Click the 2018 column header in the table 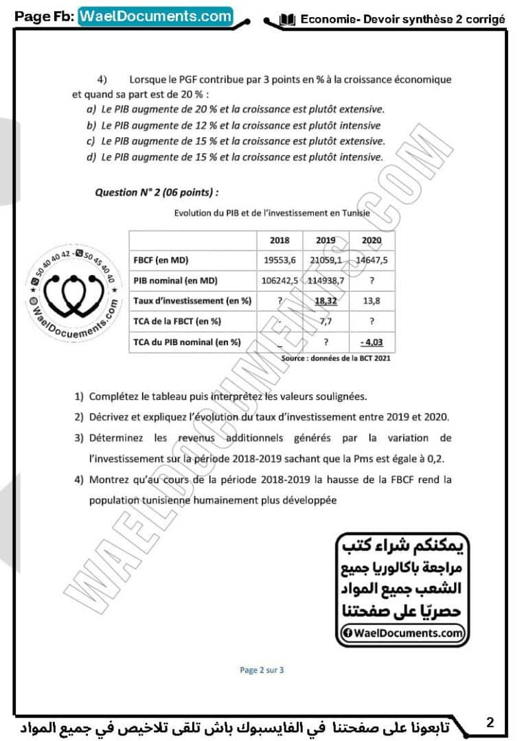[280, 241]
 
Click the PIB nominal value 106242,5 [280, 281]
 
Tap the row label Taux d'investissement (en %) [193, 301]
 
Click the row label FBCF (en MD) [161, 261]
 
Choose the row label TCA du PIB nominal [187, 341]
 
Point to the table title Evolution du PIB [272, 213]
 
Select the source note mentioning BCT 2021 [337, 358]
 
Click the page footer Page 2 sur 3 [262, 670]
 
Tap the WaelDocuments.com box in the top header [156, 16]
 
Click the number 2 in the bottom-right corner [490, 722]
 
